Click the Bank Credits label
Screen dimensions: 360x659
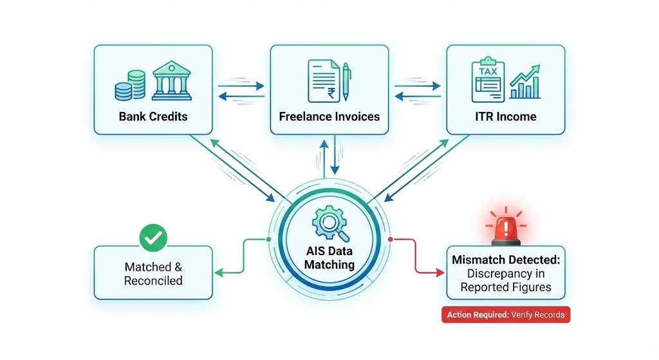coord(153,117)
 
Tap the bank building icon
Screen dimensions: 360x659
coord(172,82)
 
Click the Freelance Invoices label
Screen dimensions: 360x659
coord(329,117)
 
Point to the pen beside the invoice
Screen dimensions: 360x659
coord(346,81)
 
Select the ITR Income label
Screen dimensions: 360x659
coord(506,117)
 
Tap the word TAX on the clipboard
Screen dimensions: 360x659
coord(488,71)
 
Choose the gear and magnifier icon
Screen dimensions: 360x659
coord(329,220)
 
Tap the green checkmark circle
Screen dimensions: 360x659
coord(153,238)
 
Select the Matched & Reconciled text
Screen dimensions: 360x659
coord(153,274)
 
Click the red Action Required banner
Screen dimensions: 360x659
coord(506,315)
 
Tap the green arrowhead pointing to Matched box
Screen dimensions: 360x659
coord(218,272)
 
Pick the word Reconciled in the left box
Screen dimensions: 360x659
coord(153,281)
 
